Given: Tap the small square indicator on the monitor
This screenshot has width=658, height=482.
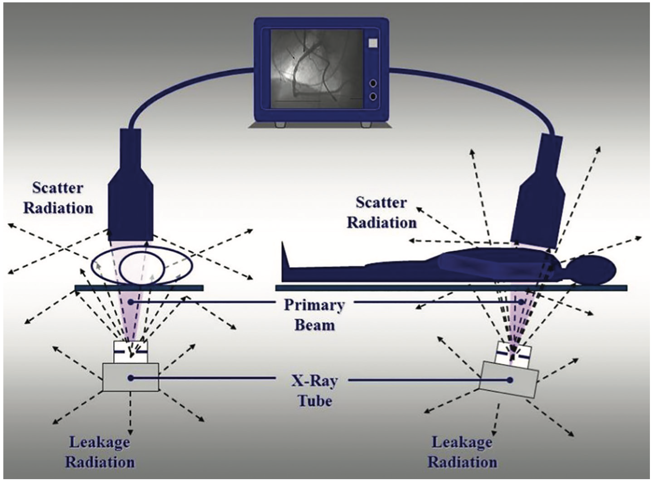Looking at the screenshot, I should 373,43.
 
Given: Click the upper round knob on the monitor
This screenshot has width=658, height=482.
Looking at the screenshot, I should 373,83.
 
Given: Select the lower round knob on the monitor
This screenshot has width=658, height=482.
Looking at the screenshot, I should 373,96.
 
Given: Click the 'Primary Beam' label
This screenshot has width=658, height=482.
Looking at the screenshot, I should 314,315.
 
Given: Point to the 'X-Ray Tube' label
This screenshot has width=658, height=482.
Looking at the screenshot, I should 314,391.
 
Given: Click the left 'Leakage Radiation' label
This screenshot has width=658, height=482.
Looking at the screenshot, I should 100,452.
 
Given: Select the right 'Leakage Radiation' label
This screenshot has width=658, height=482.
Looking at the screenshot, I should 462,452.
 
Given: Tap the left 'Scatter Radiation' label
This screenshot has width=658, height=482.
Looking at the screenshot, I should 58,198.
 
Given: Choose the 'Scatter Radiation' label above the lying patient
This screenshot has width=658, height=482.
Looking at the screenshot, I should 381,212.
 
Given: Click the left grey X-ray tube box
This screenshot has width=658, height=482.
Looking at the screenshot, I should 131,377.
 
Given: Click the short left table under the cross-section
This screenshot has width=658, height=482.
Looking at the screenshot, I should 139,288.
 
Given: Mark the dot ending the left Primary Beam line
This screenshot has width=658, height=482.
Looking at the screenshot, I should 130,302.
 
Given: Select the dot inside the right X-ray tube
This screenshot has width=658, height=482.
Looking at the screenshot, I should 509,380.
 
